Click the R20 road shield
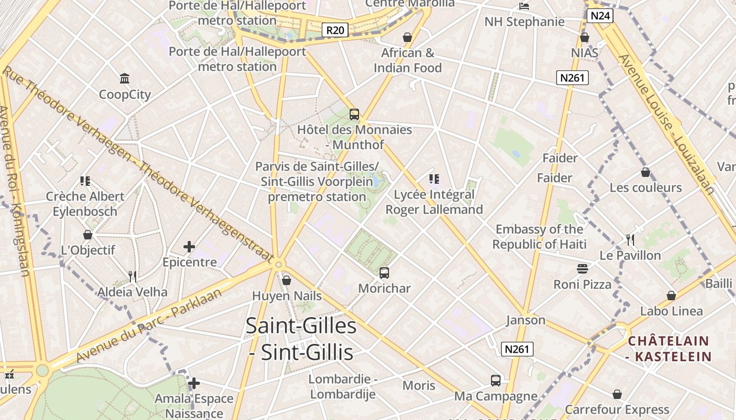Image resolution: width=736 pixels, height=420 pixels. [335, 30]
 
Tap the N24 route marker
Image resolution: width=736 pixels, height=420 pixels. [600, 15]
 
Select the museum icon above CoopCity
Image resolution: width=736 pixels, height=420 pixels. [125, 79]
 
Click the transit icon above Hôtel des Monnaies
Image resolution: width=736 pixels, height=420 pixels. [354, 114]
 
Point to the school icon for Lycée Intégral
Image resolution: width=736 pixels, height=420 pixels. [434, 179]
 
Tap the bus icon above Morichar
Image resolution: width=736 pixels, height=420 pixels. [384, 273]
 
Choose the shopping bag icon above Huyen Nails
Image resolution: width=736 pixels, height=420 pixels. [287, 280]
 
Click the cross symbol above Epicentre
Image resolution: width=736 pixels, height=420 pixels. [189, 246]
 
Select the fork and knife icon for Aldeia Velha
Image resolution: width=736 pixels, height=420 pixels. [132, 276]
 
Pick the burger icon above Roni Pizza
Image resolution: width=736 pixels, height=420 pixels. [582, 269]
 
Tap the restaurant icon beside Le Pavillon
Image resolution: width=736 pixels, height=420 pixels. [630, 240]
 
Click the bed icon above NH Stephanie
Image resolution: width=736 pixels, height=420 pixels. [524, 6]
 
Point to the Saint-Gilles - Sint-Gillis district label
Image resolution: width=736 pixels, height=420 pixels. [301, 339]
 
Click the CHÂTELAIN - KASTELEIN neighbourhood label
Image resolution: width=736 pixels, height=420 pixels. [669, 349]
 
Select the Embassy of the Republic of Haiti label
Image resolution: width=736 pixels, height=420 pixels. [539, 237]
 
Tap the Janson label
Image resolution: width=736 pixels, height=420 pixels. [526, 320]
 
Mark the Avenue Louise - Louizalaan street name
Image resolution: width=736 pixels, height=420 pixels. [666, 125]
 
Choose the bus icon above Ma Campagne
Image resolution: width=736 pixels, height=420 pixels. [496, 380]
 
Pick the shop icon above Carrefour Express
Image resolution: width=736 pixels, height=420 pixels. [617, 394]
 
